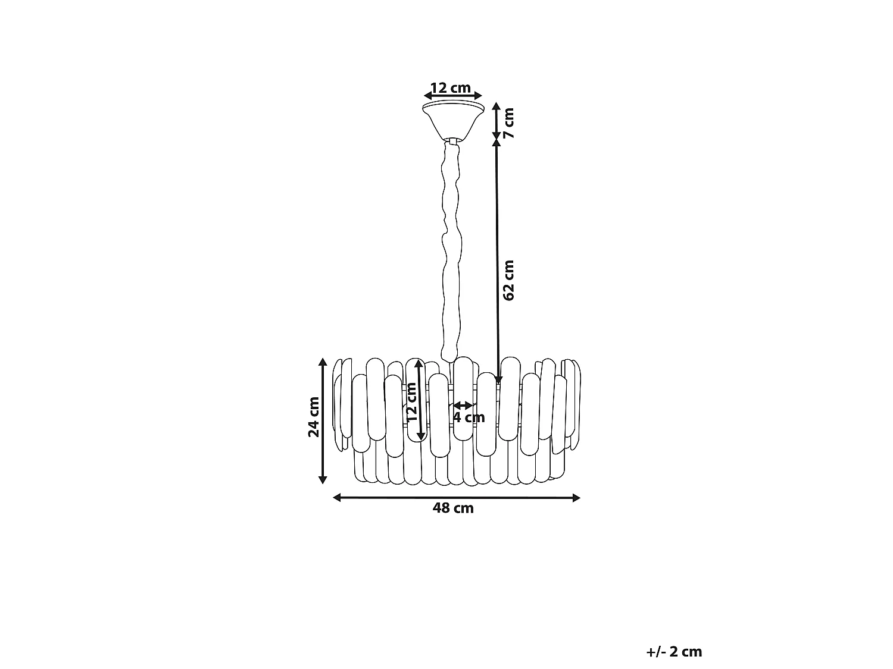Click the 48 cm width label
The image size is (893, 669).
pyautogui.click(x=453, y=508)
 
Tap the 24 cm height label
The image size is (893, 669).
pyautogui.click(x=314, y=417)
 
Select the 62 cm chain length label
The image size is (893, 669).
pyautogui.click(x=508, y=280)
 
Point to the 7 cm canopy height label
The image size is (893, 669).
pyautogui.click(x=508, y=123)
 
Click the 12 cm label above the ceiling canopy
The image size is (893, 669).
pyautogui.click(x=450, y=88)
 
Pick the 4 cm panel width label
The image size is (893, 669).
pyautogui.click(x=469, y=417)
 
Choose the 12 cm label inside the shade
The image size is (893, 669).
pyautogui.click(x=412, y=402)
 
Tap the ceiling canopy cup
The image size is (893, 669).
pyautogui.click(x=453, y=121)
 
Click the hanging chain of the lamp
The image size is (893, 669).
pyautogui.click(x=452, y=252)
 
